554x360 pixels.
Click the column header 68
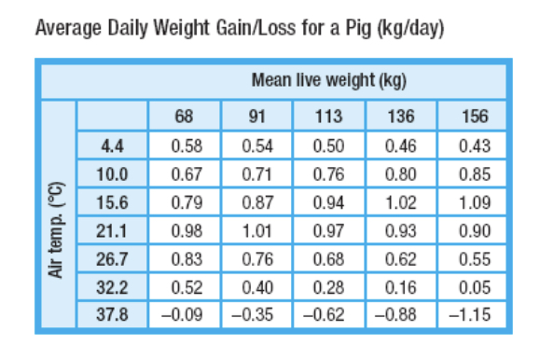pos(185,118)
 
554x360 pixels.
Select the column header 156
pos(476,118)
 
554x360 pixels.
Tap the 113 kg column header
pos(330,118)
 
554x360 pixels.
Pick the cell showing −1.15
pos(476,312)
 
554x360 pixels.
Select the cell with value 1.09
pos(476,201)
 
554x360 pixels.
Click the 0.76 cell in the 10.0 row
pos(330,173)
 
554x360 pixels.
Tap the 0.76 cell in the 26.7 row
pos(257,256)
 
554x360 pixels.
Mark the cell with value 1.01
pos(257,229)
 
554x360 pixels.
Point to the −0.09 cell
pos(185,312)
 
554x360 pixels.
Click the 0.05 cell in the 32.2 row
pos(476,284)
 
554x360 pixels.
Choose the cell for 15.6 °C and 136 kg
pos(403,201)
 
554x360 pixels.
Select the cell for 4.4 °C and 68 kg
pos(185,145)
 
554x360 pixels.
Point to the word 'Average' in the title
pos(64,28)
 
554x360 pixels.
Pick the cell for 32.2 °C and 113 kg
pos(330,284)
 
